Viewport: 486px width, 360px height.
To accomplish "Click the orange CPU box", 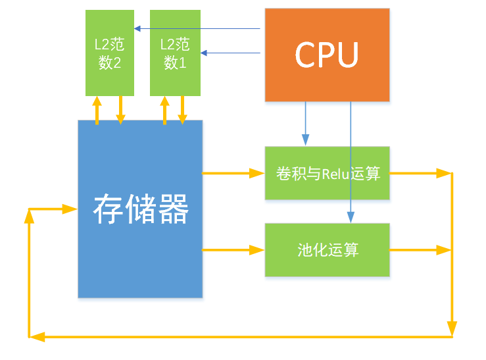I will click(x=326, y=55).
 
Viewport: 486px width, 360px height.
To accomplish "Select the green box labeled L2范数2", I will click(x=109, y=53).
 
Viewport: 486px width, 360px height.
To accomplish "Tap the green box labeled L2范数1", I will click(x=175, y=53).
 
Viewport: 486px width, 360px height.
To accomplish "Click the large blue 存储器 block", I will click(x=140, y=209).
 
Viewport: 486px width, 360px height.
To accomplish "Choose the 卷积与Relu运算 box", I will click(x=327, y=174).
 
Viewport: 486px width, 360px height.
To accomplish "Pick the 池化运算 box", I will click(x=327, y=250).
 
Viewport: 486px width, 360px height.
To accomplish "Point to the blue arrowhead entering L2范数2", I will click(x=137, y=28).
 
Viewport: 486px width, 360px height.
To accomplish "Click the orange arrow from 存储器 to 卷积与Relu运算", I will click(x=233, y=174).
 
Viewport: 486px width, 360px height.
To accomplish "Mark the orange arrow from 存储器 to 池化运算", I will click(x=233, y=250).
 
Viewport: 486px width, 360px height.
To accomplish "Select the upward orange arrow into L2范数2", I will click(x=97, y=109).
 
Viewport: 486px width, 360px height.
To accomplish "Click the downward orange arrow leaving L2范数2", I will click(x=120, y=109).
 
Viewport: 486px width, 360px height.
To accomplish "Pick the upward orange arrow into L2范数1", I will click(x=164, y=109).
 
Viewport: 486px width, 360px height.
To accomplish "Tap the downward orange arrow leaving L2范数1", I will click(x=182, y=109).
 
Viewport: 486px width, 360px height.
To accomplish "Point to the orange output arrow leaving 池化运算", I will click(x=421, y=250).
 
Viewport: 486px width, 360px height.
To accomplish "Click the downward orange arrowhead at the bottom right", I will click(x=452, y=327).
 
